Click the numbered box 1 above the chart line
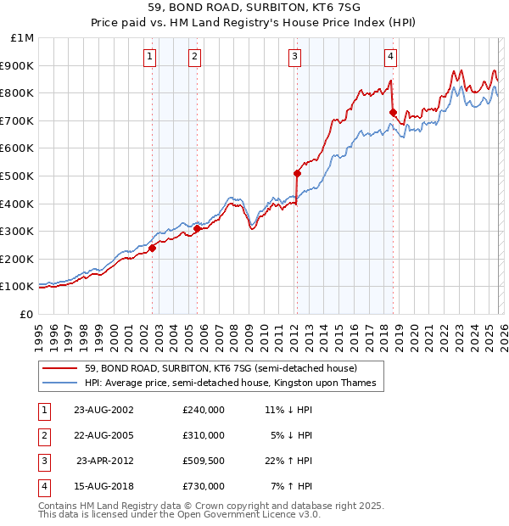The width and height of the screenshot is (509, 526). pyautogui.click(x=149, y=57)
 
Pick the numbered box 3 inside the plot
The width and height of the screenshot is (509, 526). pyautogui.click(x=294, y=57)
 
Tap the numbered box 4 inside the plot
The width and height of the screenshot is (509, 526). pyautogui.click(x=390, y=57)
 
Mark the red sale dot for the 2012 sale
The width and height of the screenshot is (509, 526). pyautogui.click(x=297, y=173)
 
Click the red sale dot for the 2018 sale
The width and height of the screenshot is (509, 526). pyautogui.click(x=393, y=112)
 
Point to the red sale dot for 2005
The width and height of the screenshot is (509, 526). pyautogui.click(x=197, y=228)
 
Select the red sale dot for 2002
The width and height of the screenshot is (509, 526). pyautogui.click(x=153, y=248)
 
